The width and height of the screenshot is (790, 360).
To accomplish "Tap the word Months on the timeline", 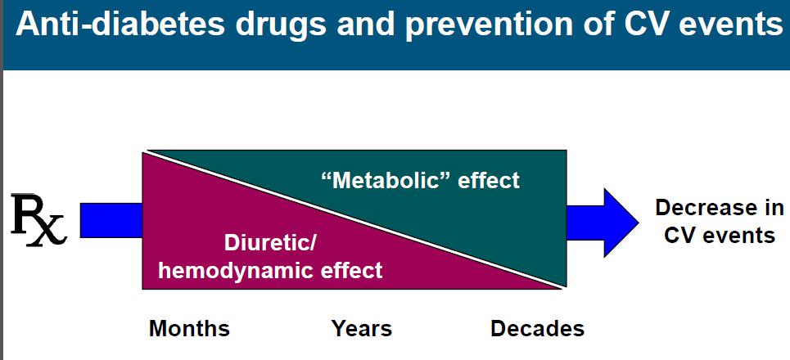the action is tap(189, 329).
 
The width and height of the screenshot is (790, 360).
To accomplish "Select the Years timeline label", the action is tap(362, 329).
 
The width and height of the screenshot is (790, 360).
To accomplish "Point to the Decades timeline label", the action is tap(538, 329).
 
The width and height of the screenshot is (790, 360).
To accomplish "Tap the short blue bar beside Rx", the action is tap(111, 220).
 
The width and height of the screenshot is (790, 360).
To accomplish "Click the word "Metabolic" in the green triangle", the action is tap(386, 180).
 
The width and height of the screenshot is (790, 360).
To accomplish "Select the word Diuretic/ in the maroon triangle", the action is tap(270, 244).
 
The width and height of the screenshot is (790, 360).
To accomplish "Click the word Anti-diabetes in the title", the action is tap(120, 25).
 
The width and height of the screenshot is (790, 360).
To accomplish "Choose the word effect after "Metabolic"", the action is tap(489, 180).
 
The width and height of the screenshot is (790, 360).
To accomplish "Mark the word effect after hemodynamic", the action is tap(352, 271).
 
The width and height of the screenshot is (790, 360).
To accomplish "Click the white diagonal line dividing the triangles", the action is tap(354, 219).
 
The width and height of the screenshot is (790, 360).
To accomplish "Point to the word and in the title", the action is tap(364, 25).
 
